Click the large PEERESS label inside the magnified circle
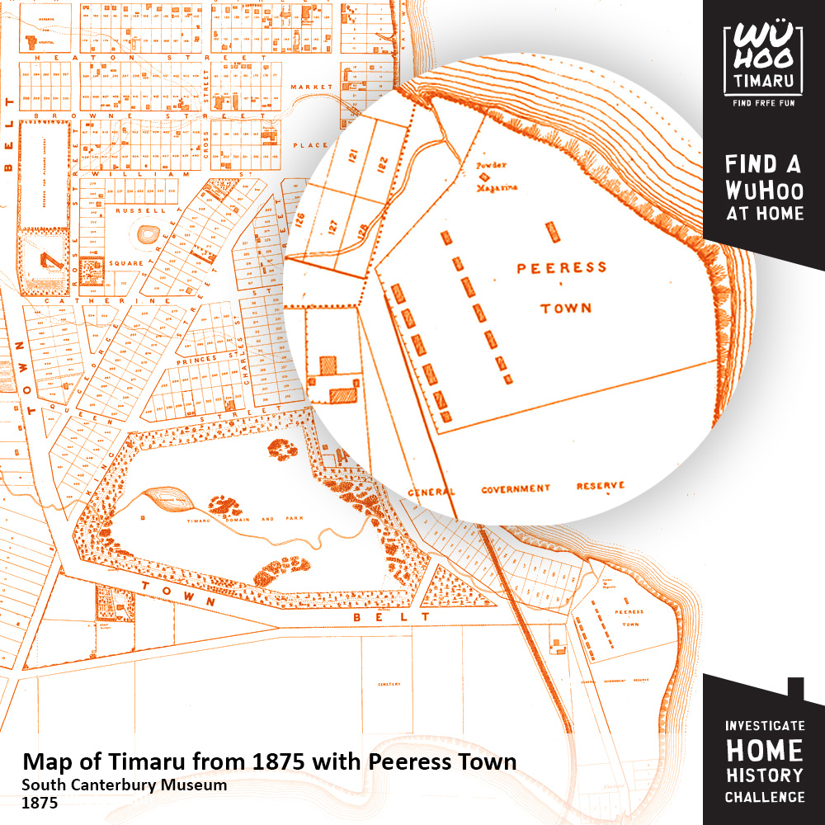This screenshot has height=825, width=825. (x=561, y=267)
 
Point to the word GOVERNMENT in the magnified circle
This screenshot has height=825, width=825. (x=516, y=488)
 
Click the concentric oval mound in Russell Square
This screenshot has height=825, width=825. (x=149, y=236)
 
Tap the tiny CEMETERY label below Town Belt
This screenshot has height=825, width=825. (x=389, y=684)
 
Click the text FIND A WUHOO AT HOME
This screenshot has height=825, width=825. (x=763, y=188)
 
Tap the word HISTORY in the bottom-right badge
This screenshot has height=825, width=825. (x=764, y=775)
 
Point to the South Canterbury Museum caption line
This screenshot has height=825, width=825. (x=124, y=785)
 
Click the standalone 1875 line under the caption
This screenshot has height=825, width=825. (x=40, y=801)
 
